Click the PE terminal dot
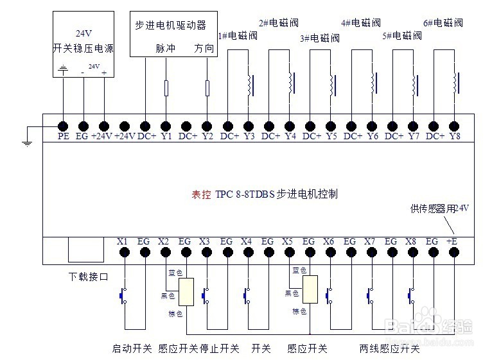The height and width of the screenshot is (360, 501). click(x=63, y=126)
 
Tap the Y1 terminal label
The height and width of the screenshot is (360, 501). click(x=166, y=137)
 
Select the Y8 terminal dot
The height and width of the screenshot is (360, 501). click(x=455, y=126)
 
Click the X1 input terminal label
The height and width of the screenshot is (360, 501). click(x=123, y=241)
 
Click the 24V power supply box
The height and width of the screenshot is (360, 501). click(x=83, y=44)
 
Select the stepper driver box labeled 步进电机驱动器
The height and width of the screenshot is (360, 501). click(x=173, y=33)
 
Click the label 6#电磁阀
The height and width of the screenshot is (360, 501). click(x=443, y=23)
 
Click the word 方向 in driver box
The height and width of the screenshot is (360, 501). click(x=204, y=48)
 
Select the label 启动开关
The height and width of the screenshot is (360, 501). click(x=132, y=348)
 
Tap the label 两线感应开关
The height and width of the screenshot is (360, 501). click(x=389, y=348)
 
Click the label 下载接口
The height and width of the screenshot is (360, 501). click(x=89, y=277)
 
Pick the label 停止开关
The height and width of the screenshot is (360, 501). click(x=220, y=348)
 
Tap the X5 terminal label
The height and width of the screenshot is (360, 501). click(x=288, y=241)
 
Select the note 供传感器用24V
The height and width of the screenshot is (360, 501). click(x=439, y=209)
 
